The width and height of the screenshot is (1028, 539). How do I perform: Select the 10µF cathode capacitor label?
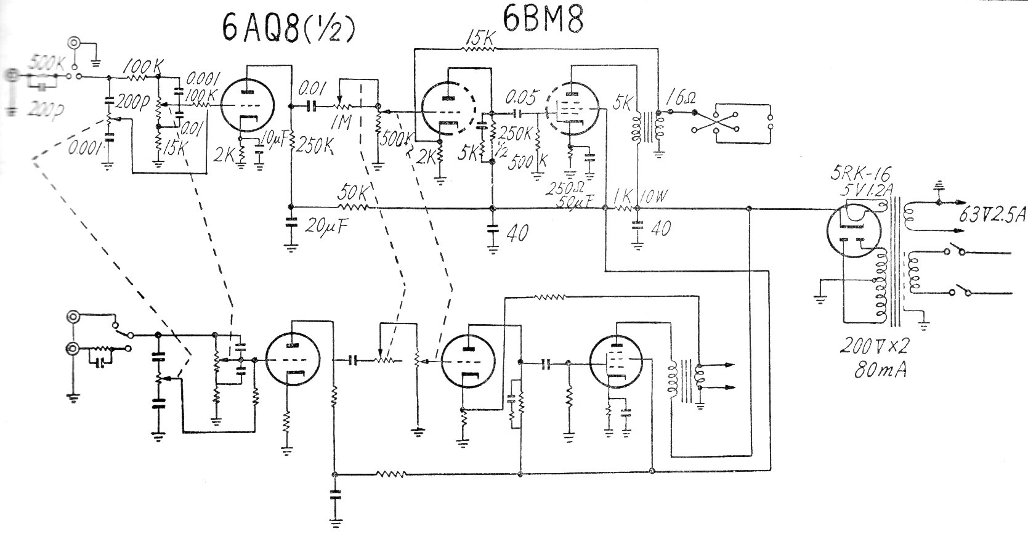[275, 140]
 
